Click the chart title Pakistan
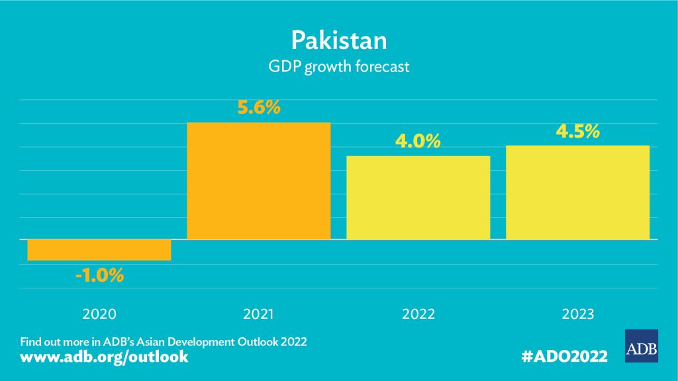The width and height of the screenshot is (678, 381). tap(338, 40)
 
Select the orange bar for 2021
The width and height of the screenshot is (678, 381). tap(259, 181)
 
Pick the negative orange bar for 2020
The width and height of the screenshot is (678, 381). tap(99, 249)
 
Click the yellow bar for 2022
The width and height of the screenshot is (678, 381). tap(418, 197)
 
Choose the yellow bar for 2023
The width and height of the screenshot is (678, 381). tap(577, 192)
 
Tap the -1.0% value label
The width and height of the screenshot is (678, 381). tap(99, 275)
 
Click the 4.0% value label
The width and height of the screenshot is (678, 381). tap(418, 142)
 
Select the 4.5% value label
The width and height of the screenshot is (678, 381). tap(577, 131)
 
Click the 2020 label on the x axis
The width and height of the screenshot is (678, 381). tap(99, 314)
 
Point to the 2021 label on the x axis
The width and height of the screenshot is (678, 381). tap(259, 314)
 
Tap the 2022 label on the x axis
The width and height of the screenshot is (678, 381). tap(418, 314)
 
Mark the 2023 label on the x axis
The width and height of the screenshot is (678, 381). tap(577, 314)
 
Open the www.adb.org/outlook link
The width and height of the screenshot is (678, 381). tap(105, 357)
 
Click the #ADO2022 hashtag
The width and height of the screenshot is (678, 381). tap(565, 357)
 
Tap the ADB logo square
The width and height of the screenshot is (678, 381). tap(641, 345)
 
